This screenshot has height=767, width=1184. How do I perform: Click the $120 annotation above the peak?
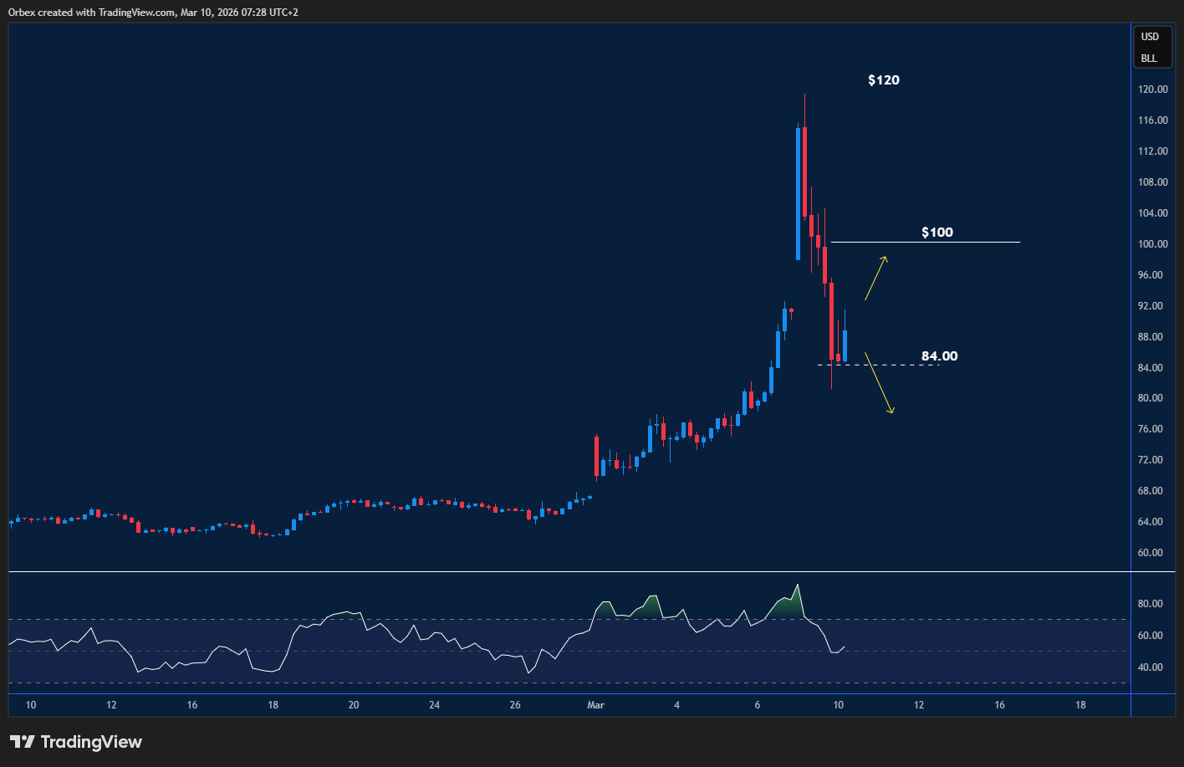pos(884,80)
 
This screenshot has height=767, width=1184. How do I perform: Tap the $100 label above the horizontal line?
pos(936,233)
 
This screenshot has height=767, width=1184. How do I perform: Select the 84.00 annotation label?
pos(939,356)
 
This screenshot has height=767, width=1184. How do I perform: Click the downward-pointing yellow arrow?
pos(879,383)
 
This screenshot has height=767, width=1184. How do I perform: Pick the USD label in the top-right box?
pos(1151,37)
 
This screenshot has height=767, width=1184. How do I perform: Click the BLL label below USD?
pos(1149,59)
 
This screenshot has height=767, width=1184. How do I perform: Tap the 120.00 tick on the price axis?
pos(1153,89)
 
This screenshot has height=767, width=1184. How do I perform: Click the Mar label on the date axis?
pos(595,705)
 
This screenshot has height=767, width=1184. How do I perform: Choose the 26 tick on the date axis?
pos(515,705)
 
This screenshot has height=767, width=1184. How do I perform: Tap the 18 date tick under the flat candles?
pos(273,705)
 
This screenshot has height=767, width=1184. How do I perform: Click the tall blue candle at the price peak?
pos(798,192)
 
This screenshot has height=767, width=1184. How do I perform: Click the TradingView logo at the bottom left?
pos(76,742)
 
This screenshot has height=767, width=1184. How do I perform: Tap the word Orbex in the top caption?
pos(23,12)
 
